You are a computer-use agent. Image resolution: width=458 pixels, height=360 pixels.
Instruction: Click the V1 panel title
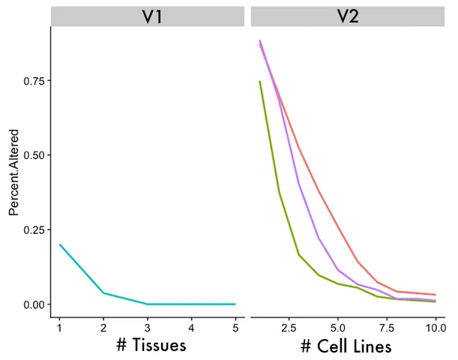tap(147, 16)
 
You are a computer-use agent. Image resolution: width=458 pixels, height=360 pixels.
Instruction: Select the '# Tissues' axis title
tap(147, 346)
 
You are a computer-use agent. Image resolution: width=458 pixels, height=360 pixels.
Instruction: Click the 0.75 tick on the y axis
tap(34, 80)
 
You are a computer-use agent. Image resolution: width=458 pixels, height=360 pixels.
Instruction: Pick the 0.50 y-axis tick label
tap(34, 155)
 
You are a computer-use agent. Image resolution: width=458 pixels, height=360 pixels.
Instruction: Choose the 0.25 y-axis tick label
tap(34, 229)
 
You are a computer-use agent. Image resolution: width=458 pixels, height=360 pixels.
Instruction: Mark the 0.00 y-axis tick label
tap(34, 304)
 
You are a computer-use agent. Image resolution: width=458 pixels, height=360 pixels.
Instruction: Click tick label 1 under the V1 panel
tap(60, 328)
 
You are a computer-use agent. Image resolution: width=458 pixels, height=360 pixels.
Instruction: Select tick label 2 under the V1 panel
tap(103, 328)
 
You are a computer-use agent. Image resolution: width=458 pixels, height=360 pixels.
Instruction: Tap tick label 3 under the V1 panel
tap(148, 328)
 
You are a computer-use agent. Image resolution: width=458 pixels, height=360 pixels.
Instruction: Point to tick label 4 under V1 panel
tap(191, 328)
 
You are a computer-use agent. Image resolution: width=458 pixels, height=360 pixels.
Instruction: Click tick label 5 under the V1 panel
tap(235, 328)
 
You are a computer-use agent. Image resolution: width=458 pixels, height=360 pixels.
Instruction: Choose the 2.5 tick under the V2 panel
tap(289, 328)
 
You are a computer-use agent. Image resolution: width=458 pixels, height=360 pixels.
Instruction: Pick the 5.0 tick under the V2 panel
tap(338, 328)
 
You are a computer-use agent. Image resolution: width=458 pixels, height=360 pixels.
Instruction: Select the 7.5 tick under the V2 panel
tap(387, 328)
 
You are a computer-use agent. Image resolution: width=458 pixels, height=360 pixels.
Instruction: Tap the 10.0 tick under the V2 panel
tap(434, 328)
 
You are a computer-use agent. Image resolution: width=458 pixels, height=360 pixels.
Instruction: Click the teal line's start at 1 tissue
tap(60, 244)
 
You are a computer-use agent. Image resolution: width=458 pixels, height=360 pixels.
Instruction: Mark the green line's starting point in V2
tap(260, 81)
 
